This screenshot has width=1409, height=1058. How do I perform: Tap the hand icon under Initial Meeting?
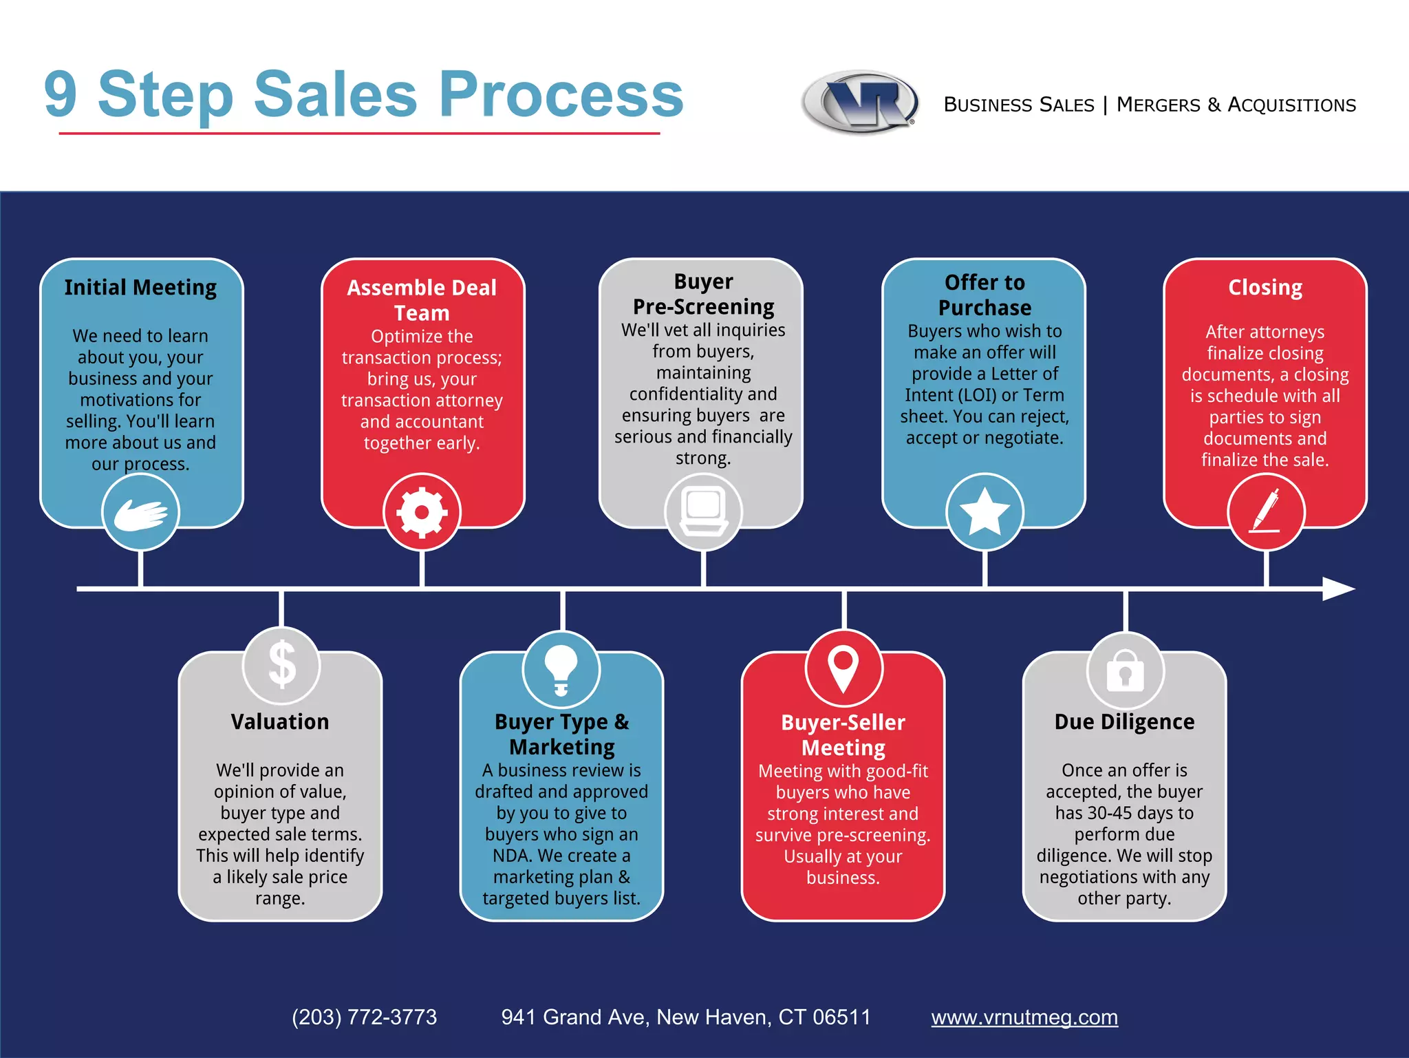(140, 514)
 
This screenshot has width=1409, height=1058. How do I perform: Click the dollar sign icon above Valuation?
(281, 665)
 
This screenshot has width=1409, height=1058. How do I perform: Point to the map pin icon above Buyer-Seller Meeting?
(843, 668)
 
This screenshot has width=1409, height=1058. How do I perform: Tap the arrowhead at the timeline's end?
(1337, 589)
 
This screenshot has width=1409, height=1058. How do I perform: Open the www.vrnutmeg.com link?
(1024, 1017)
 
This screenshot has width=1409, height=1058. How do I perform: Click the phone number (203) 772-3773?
(364, 1017)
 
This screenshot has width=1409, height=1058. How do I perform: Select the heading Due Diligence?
(1124, 721)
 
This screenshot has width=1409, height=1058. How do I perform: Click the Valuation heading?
(280, 721)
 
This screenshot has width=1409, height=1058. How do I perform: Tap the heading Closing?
(1265, 287)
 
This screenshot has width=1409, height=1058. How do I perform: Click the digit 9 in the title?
(61, 94)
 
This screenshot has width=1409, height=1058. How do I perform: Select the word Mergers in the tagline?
(1158, 105)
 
